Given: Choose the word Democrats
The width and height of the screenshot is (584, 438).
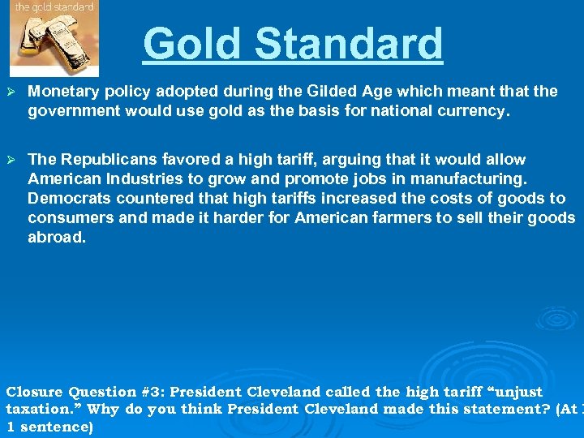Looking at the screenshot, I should click(x=68, y=199).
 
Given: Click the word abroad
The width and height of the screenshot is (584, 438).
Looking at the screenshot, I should click(x=56, y=238).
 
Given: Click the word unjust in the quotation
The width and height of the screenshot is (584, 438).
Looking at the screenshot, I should click(x=513, y=392).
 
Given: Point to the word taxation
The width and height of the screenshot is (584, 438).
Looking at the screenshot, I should click(x=40, y=409).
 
